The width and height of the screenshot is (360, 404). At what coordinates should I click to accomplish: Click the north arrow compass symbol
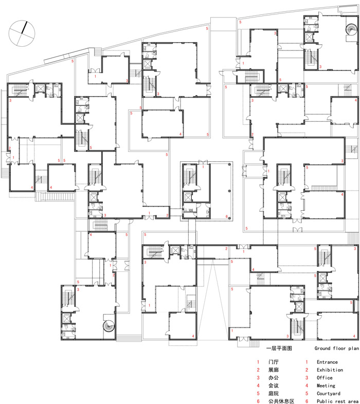tap(22, 33)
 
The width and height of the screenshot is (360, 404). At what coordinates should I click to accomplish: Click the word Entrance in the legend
tap(327, 362)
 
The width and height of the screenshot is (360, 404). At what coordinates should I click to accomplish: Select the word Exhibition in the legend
tap(330, 370)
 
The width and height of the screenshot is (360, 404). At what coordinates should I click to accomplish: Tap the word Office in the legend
tap(325, 378)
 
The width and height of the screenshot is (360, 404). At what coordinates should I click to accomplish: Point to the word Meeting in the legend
tap(326, 385)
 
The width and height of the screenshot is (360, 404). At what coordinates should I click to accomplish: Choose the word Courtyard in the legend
tap(328, 393)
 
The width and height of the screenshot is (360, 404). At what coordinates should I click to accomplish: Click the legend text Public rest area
tap(337, 401)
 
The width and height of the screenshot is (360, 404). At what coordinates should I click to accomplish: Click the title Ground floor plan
tap(336, 348)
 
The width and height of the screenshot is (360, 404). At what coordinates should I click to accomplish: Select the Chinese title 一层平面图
tap(279, 348)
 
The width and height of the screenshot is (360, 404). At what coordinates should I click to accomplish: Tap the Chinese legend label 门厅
tap(274, 362)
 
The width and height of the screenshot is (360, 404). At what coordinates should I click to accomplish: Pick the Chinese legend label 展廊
tap(274, 370)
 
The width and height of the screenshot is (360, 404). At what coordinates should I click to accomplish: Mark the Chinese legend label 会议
tap(274, 385)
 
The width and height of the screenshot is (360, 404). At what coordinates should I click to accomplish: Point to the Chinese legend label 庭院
tap(274, 393)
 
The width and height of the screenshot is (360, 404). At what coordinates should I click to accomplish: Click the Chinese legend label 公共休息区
tap(281, 401)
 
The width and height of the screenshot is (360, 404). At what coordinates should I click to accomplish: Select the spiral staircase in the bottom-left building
tap(109, 326)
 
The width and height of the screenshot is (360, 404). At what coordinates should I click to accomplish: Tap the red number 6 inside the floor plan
tap(227, 216)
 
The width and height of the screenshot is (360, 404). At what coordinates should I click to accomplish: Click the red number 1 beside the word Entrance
tap(307, 362)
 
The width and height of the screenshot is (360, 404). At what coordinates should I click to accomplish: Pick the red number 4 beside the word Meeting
tap(307, 385)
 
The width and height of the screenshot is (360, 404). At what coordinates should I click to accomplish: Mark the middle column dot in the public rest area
tap(229, 191)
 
